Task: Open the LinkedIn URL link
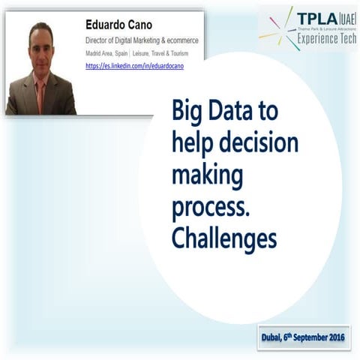pos(135,66)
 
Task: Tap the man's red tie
pos(40,94)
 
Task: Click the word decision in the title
pos(254,143)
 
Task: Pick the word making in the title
pos(207,175)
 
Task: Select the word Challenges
pos(223,238)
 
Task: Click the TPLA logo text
pos(310,19)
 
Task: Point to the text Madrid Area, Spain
pos(106,54)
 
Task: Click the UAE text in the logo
pos(344,19)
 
